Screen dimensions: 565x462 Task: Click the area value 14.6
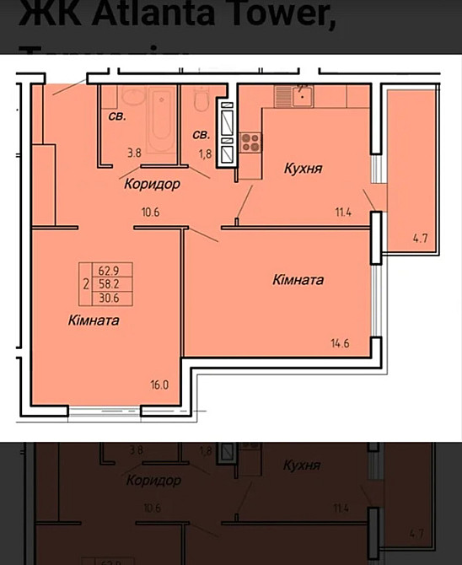(x=341, y=342)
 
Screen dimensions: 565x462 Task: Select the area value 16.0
(x=159, y=385)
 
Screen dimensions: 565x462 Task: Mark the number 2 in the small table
(x=86, y=285)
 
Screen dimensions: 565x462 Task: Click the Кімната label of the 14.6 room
(x=298, y=279)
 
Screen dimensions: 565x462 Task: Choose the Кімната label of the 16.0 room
(x=94, y=320)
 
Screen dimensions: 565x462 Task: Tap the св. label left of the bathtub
(x=116, y=116)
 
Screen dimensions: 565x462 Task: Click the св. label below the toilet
(x=201, y=134)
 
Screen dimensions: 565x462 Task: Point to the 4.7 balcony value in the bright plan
(x=418, y=239)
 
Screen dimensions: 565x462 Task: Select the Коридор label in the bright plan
(x=152, y=184)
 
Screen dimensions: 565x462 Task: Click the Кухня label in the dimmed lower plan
(x=301, y=465)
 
